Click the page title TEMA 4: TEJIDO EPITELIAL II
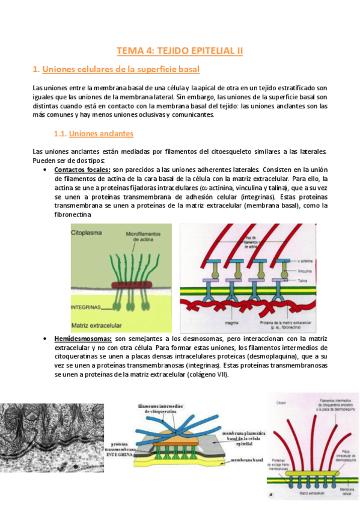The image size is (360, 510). (x=180, y=51)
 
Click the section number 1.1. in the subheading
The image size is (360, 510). (x=61, y=133)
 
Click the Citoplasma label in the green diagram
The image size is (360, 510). (x=88, y=231)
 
